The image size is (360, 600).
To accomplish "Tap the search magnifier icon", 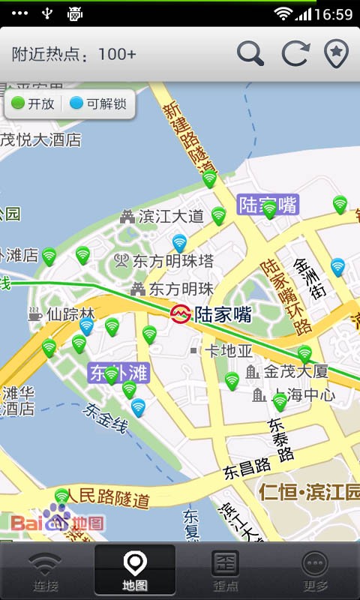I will pos(250,53).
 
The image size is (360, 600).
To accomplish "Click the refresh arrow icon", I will pos(295,53).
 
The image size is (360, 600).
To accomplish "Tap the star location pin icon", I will pos(337,53).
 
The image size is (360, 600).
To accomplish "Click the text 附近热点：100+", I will pos(74,54).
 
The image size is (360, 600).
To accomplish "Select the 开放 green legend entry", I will pos(34,104).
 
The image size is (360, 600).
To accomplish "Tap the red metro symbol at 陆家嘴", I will pos(181,313).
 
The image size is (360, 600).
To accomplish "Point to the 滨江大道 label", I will pos(171,217).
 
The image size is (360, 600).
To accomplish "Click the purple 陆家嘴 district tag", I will pos(268,204).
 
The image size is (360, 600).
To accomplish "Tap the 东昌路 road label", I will pos(247,468).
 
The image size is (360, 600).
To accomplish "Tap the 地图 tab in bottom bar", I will pos(135,571).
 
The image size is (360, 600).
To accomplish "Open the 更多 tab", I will pos(316,571).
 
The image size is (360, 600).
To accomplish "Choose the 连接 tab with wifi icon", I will pos(45,571).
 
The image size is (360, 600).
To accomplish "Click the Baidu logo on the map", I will pos(56,520).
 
